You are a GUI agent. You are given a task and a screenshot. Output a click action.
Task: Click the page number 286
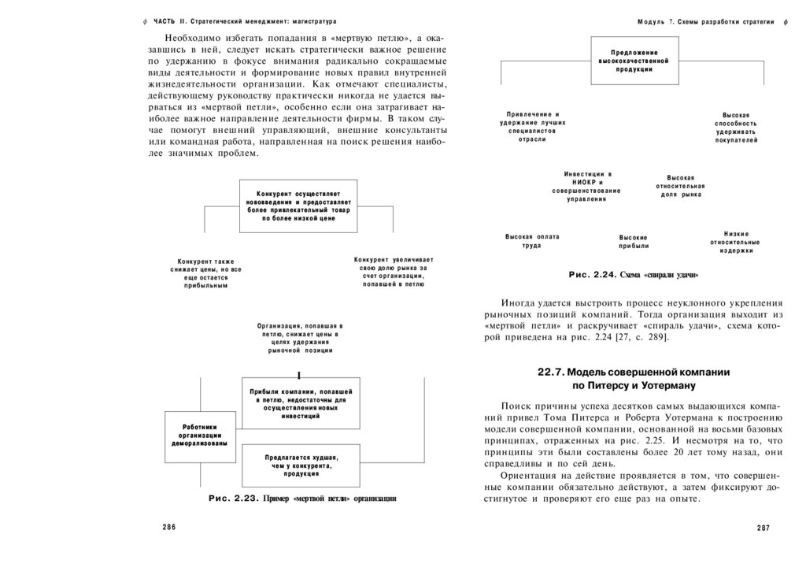point(168,527)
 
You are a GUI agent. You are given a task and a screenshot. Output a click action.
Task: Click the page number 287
point(762,527)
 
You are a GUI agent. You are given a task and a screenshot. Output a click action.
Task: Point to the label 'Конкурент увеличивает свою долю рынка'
point(394,272)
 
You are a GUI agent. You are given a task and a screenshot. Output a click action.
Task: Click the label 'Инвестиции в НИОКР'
point(587,187)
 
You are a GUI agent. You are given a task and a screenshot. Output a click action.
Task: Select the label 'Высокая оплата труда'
point(531,241)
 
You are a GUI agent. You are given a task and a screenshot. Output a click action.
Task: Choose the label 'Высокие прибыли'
point(634,242)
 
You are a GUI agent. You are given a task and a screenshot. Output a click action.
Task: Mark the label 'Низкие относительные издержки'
point(736,242)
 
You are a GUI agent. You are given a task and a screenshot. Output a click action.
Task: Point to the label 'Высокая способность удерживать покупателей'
point(736,128)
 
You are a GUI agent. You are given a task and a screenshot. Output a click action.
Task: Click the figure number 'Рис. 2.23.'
point(234,499)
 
